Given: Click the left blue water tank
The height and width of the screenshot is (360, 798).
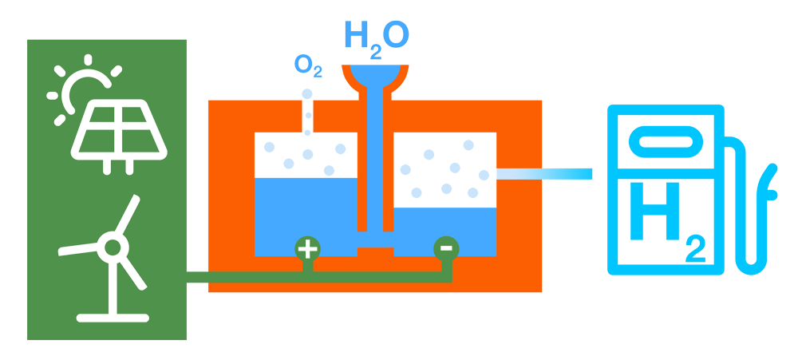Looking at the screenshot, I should point(305,212).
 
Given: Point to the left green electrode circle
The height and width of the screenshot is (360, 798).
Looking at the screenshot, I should point(306,249).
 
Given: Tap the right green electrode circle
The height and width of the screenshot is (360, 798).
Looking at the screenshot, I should point(444,249).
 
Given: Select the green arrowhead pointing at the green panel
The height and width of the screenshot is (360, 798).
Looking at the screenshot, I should point(193,276).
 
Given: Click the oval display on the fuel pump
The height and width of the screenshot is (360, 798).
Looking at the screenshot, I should point(666,144).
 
